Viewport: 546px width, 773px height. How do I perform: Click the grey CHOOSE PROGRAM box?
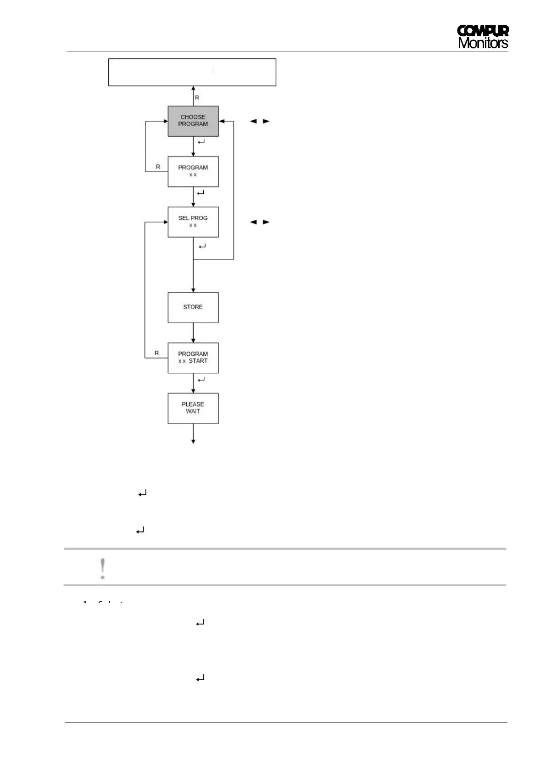coord(193,121)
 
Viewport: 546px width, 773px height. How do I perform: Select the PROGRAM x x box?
coord(193,171)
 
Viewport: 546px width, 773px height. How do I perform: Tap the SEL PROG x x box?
coord(193,222)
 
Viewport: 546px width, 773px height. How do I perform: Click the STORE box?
coord(193,307)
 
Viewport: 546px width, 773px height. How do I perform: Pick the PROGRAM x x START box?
coord(193,358)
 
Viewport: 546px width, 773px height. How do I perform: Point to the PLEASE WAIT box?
coord(193,408)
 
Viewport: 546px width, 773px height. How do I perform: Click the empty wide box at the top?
coord(192,72)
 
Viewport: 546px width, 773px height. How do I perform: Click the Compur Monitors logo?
coord(483,37)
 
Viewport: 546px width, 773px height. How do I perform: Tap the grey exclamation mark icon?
coord(103,568)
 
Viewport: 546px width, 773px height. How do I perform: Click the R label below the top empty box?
coord(197,98)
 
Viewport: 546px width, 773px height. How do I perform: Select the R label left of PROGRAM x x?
coord(158,167)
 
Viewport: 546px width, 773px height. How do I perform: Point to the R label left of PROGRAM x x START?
coord(156,353)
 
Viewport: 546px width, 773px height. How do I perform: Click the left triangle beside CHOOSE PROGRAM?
coord(252,122)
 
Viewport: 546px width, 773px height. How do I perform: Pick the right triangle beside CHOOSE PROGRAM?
coord(266,122)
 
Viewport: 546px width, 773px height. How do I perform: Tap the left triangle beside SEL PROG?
coord(252,222)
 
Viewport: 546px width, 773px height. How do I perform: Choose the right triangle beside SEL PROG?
coord(266,222)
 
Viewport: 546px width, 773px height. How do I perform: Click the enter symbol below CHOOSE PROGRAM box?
coord(201,142)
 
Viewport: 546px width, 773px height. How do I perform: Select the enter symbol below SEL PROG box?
coord(202,246)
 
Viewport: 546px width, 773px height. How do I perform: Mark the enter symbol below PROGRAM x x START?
coord(201,380)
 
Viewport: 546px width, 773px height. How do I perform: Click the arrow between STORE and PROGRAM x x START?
coord(193,333)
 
